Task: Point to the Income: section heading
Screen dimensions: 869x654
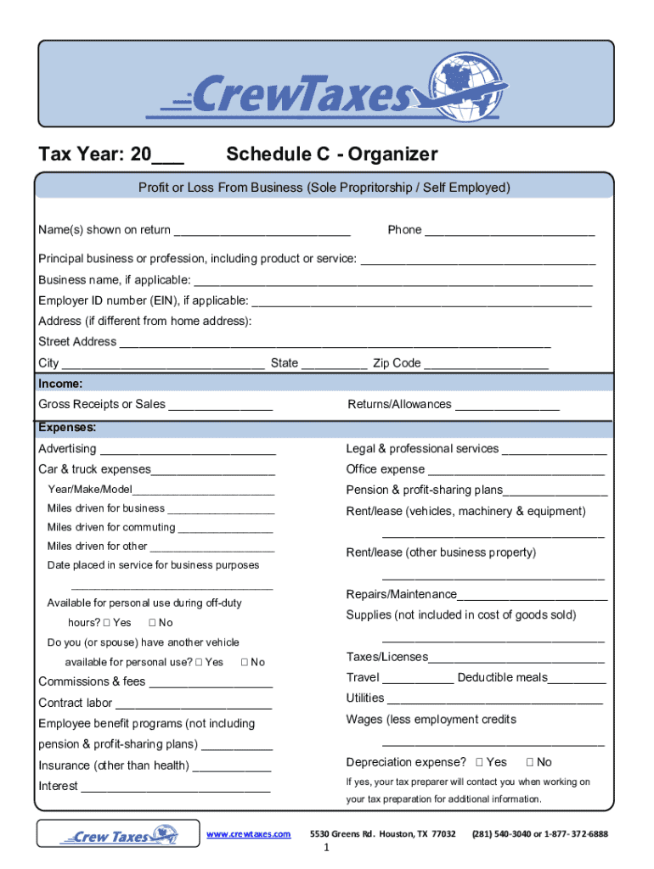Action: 60,384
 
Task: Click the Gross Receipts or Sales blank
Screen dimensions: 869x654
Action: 220,406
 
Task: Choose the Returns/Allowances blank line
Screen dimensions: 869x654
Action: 507,406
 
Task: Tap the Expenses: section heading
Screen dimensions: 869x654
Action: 67,428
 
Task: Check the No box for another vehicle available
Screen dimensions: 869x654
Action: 245,662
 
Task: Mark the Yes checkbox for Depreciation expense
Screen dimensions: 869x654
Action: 480,762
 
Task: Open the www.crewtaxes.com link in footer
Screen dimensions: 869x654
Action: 249,834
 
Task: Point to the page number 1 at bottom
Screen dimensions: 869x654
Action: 326,852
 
